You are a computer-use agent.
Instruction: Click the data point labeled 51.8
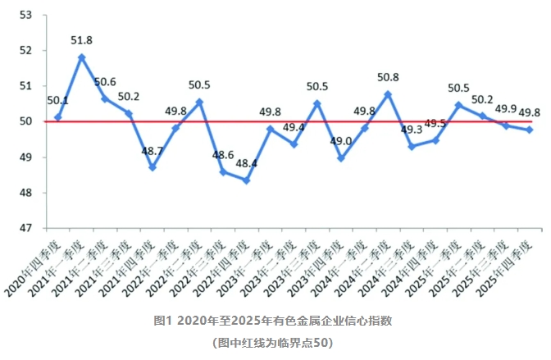click(82, 57)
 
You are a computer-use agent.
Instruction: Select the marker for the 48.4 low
click(246, 180)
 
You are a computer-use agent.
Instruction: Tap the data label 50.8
click(389, 78)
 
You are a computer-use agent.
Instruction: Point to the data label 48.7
click(152, 153)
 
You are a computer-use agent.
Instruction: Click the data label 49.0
click(341, 141)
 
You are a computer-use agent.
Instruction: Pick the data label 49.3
click(412, 130)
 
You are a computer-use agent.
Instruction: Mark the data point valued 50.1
click(58, 117)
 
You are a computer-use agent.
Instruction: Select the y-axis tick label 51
click(25, 85)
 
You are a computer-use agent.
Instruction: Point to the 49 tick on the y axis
click(25, 157)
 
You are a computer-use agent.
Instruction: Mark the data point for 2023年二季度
click(294, 144)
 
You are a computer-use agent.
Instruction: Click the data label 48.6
click(222, 154)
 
